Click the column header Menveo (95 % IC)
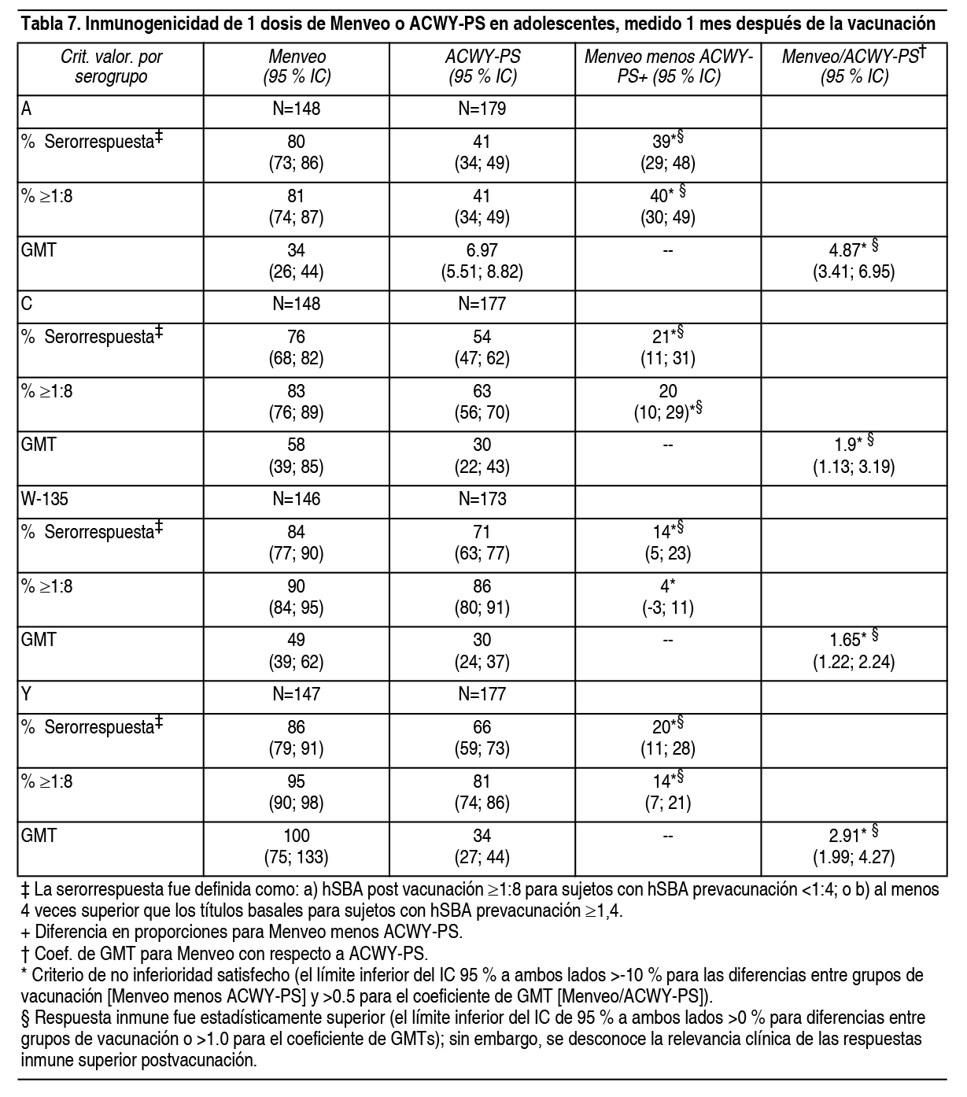coord(297,67)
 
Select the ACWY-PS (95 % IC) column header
coord(482,67)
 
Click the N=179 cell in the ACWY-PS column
coord(482,109)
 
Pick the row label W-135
coord(39,500)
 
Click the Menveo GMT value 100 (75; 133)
coord(297,846)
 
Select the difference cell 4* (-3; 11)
coord(668,597)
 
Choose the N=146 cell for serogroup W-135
coord(297,500)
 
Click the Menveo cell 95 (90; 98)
coord(297,792)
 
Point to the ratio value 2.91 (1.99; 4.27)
coord(854,846)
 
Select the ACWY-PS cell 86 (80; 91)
coord(482,597)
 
